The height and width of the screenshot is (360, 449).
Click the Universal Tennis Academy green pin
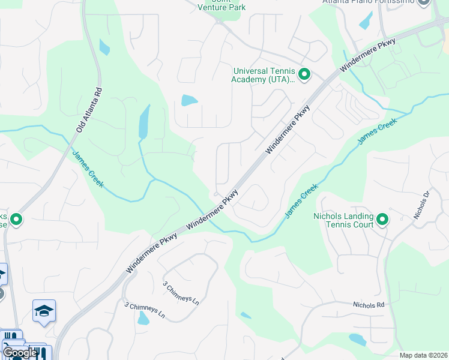point(304,75)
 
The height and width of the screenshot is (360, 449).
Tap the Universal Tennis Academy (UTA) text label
point(264,74)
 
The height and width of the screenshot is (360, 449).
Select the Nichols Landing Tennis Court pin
point(382,220)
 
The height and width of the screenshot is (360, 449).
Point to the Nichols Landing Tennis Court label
point(343,220)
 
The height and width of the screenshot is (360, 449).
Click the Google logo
point(19,352)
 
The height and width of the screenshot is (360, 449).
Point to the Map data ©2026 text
point(423,355)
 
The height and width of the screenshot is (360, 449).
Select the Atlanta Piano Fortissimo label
point(369,2)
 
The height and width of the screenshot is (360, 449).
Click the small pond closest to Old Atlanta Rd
point(104,47)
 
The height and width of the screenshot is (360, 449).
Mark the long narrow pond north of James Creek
point(144,122)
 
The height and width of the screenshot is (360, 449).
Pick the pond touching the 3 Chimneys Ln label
point(143,318)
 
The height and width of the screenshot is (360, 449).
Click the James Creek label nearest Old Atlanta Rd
point(89,169)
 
